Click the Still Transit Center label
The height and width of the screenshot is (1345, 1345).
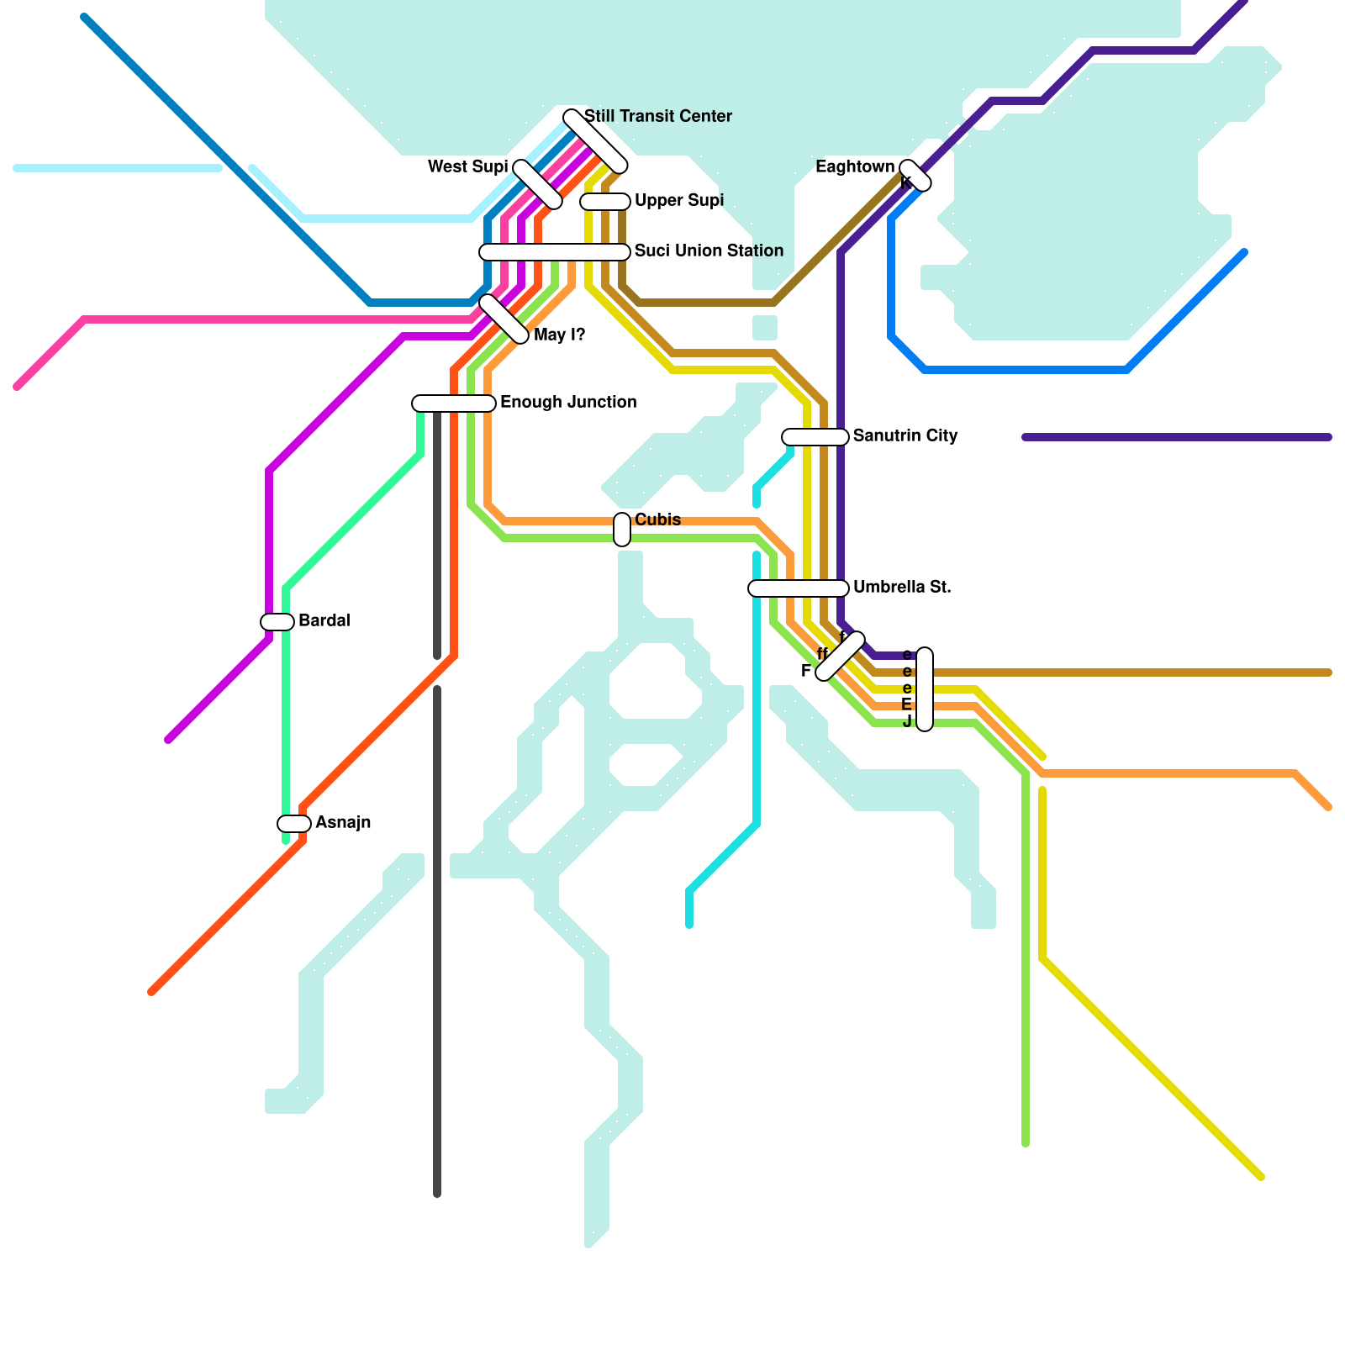pos(657,116)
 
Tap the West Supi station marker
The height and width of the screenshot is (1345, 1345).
pos(537,184)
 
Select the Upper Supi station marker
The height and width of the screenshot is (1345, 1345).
pos(605,202)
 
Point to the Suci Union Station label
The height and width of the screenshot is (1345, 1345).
pos(709,251)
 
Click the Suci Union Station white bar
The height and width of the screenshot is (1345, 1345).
pos(555,252)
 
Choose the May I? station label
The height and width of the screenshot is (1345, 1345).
pos(559,335)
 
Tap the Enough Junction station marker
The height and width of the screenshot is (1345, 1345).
pos(454,403)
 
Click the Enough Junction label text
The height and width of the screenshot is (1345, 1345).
pos(568,402)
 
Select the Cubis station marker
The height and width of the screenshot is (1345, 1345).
pos(622,530)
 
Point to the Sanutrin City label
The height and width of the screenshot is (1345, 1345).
pos(905,435)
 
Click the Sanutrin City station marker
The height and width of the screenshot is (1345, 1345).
pos(815,437)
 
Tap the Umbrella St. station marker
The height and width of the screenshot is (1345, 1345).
pos(799,588)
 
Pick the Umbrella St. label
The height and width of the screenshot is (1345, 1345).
pos(902,587)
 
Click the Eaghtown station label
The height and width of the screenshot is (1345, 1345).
pos(855,166)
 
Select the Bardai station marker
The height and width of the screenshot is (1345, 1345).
pos(277,622)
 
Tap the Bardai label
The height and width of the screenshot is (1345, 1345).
pos(324,620)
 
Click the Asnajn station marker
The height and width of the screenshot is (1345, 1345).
pos(294,824)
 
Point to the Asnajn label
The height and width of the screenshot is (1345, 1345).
pos(343,822)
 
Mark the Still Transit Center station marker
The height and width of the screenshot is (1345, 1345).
pos(595,141)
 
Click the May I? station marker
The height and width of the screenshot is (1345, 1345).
pos(504,319)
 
